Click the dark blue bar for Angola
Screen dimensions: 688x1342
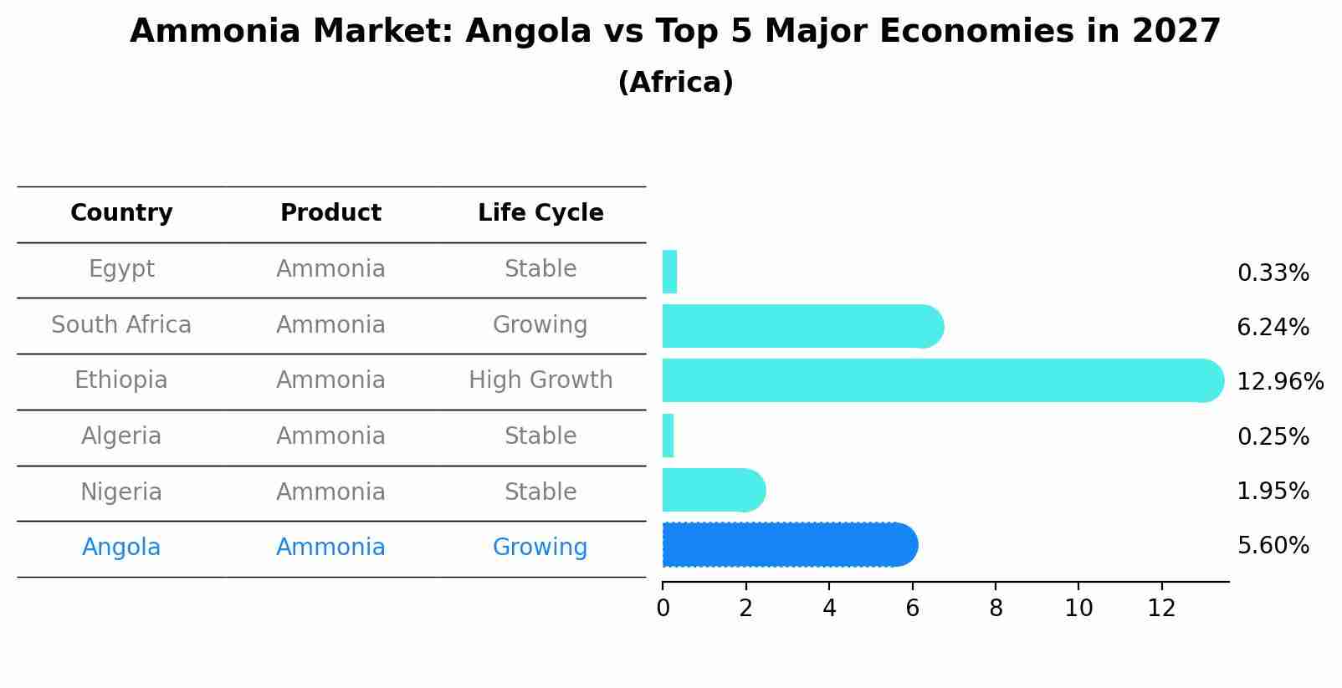coord(790,545)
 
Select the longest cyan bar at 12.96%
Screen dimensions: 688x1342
coord(942,380)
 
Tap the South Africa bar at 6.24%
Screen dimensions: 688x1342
coord(802,326)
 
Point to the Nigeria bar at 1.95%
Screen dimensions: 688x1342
coord(713,490)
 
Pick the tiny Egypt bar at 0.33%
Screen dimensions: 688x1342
coord(669,272)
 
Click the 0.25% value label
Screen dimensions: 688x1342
coord(1273,436)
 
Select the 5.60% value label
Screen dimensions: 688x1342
coord(1273,546)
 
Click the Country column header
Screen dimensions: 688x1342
coord(121,213)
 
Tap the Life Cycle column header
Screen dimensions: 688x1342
coord(540,213)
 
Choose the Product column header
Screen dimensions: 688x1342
coord(330,213)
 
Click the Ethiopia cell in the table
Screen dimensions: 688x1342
coord(121,380)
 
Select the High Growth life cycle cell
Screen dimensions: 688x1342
coord(540,380)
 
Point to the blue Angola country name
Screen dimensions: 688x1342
coord(121,548)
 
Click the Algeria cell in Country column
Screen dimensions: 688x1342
coord(121,436)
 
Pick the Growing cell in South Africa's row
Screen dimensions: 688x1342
coord(540,324)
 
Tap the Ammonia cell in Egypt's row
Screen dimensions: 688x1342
coord(330,269)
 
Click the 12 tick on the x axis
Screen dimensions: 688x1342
coord(1161,609)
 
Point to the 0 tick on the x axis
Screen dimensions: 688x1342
coord(663,609)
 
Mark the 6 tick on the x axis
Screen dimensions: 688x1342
coord(912,609)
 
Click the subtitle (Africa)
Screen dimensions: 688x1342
coord(675,83)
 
